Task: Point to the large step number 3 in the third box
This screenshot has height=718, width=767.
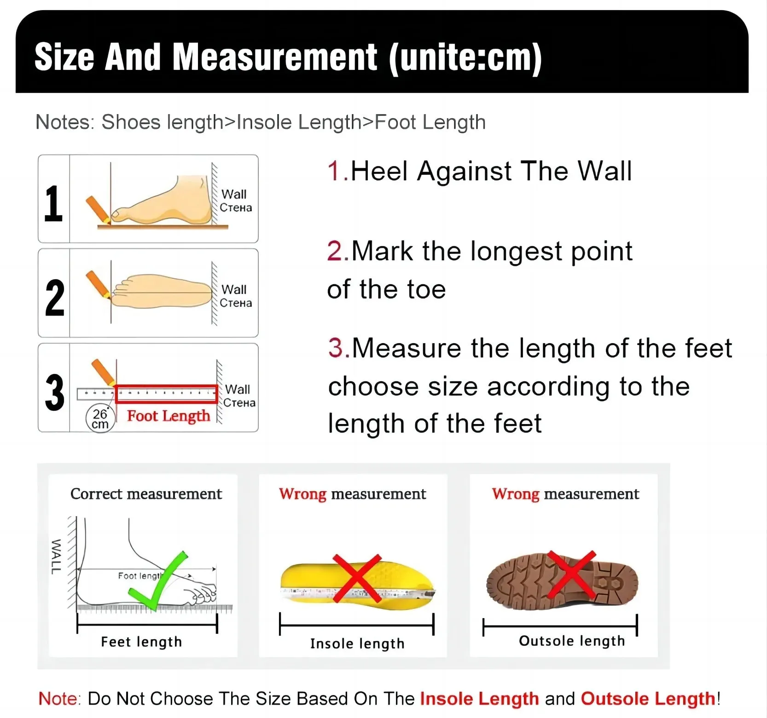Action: (x=55, y=392)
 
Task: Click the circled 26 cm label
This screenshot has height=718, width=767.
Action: (x=100, y=419)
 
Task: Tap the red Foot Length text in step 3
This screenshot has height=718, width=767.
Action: (x=169, y=416)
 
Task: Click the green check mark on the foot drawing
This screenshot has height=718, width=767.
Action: (x=157, y=580)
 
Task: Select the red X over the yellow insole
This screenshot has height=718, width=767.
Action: (x=357, y=579)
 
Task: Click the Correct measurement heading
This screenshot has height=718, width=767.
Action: (x=146, y=494)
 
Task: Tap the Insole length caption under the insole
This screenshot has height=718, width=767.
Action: (x=357, y=643)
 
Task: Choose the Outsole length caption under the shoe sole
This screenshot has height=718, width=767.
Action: (x=572, y=641)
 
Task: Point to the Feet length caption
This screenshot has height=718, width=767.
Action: (x=141, y=642)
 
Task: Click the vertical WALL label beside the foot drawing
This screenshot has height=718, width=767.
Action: (x=55, y=557)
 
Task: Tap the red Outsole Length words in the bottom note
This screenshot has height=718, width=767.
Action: (x=648, y=699)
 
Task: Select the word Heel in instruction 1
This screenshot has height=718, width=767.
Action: (x=379, y=171)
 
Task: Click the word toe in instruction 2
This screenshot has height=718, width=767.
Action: (x=426, y=290)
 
